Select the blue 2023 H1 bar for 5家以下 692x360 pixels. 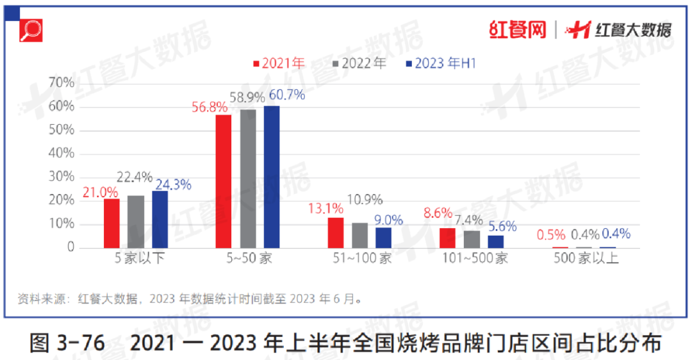pos(160,219)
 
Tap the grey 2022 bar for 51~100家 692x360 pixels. pos(360,235)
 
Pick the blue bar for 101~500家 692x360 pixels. pos(495,241)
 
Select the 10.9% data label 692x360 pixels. pos(365,200)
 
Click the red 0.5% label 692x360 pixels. pos(550,234)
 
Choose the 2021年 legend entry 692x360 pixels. pos(279,64)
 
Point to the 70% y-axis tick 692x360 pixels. pos(61,83)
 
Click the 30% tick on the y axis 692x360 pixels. pos(61,177)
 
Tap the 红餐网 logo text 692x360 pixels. pos(517,29)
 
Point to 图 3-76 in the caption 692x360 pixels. pos(67,344)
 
